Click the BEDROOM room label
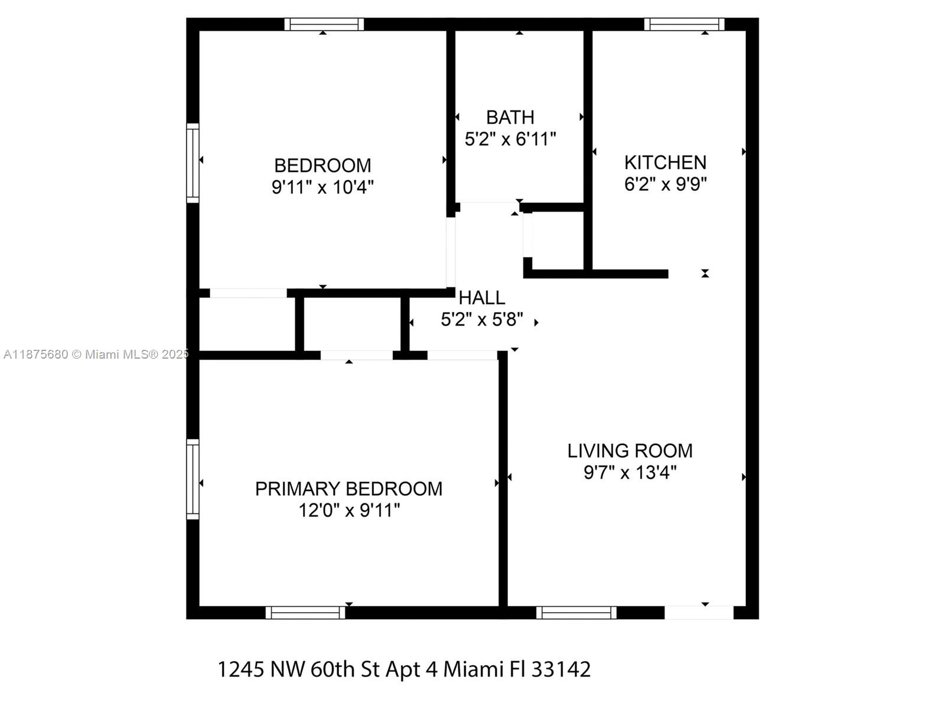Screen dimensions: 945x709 [x=322, y=165]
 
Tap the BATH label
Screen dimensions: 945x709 [x=510, y=117]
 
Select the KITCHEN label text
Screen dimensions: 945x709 [x=665, y=162]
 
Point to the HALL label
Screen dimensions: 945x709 [x=482, y=297]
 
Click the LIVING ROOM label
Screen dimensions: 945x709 [x=630, y=451]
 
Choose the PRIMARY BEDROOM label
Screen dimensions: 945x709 [x=348, y=489]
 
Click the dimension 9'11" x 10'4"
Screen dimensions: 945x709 [x=322, y=187]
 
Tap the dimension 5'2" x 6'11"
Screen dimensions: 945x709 [x=510, y=139]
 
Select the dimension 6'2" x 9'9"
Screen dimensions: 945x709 [x=666, y=184]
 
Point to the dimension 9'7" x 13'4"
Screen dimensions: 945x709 [x=630, y=473]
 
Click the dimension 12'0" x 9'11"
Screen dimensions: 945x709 [x=349, y=510]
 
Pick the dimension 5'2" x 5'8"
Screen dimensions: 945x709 [x=482, y=320]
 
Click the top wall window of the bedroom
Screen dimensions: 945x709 [x=324, y=24]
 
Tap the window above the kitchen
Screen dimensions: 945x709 [x=685, y=24]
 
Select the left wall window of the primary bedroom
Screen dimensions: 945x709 [x=193, y=479]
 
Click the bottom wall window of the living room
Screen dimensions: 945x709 [x=576, y=612]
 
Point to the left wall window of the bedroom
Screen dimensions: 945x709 [x=193, y=162]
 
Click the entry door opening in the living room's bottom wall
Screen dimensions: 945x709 [x=699, y=612]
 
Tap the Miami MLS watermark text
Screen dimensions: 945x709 [x=96, y=354]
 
